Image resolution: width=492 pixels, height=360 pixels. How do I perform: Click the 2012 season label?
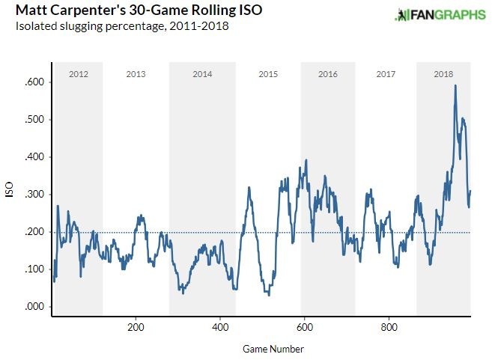point(79,74)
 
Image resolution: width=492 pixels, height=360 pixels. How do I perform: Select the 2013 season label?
point(136,74)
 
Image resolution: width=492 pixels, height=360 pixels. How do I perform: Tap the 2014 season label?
point(202,74)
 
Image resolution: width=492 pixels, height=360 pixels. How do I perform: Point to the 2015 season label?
point(268,74)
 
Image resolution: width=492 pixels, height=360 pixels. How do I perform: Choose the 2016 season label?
point(328,74)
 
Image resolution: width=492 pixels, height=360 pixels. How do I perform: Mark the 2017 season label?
point(386,74)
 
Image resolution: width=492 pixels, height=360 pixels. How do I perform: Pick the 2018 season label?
point(443,74)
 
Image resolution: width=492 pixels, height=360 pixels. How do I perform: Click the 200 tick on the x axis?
point(136,327)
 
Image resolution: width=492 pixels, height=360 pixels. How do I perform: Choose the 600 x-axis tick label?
point(304,327)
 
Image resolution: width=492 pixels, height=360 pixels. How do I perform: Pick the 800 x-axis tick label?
point(389,327)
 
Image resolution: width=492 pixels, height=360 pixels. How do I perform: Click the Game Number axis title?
point(273,349)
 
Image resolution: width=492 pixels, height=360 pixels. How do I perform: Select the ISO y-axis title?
point(10,191)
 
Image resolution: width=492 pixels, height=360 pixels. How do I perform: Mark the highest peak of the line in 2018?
point(455,85)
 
